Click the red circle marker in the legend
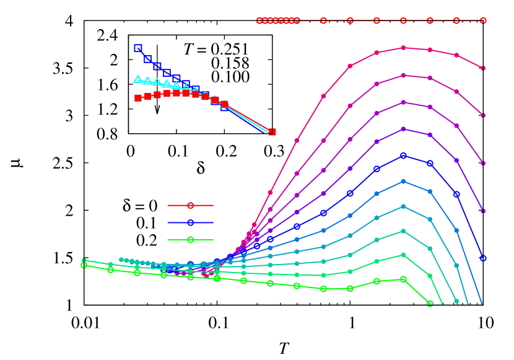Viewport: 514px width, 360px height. (x=191, y=205)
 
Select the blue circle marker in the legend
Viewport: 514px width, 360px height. (x=191, y=222)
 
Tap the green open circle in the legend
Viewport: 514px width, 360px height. (x=191, y=240)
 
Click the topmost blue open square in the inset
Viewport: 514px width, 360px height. (x=138, y=48)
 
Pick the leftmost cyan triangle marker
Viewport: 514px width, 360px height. (x=137, y=79)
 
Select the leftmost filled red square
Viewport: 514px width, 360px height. (x=138, y=98)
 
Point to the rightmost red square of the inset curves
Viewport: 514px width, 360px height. (x=272, y=132)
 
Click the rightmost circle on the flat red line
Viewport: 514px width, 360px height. (x=483, y=20)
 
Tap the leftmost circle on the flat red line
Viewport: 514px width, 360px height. (x=260, y=20)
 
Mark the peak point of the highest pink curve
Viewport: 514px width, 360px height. (x=403, y=48)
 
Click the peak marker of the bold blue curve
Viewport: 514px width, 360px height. (x=403, y=156)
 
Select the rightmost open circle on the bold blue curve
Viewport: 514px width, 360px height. (x=483, y=258)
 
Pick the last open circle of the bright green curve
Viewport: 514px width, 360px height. (x=430, y=304)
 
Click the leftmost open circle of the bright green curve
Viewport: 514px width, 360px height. (x=84, y=265)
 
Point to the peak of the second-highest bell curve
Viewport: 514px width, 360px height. (x=403, y=76)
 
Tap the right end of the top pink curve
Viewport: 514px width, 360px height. (x=483, y=68)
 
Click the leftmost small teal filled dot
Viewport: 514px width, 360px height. (x=121, y=260)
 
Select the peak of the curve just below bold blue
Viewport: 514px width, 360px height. (x=403, y=182)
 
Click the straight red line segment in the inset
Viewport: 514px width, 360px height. (x=248, y=118)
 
